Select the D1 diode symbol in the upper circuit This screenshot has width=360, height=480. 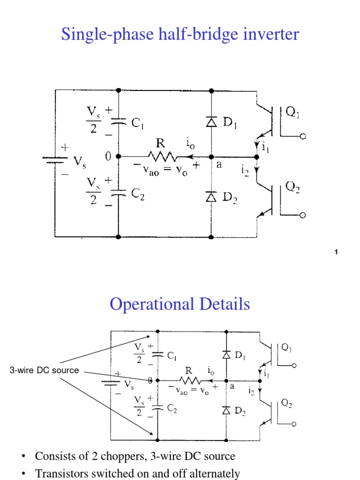pos(211,122)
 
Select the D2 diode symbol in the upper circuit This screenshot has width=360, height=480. pos(211,196)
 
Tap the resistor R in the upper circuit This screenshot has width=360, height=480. pos(161,157)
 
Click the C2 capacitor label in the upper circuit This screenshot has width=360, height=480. pos(138,195)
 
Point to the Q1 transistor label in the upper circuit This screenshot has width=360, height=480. pos(293,112)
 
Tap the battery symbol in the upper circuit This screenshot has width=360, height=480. pos(56,160)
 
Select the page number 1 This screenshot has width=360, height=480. pos(337,253)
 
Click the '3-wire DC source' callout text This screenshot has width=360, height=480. pos(44,370)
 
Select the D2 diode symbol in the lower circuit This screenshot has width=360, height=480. pos(226,411)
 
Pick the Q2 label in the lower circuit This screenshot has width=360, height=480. pos(286,404)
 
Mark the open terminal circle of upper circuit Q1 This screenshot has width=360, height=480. pos(303,136)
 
